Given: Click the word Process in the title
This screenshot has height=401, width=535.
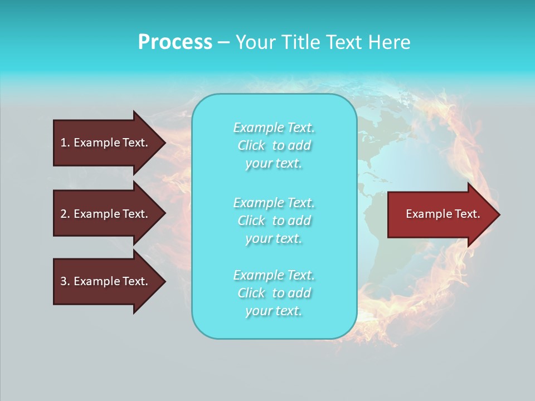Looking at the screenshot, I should point(175,42).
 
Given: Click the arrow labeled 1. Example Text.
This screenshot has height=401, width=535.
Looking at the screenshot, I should point(106,143).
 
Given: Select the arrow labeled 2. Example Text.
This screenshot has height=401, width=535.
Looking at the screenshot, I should point(106,214).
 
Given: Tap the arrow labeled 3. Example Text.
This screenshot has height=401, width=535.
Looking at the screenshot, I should point(106,281).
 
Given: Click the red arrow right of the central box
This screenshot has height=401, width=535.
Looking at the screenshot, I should point(440,214).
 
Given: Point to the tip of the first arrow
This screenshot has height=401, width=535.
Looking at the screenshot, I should point(164,143).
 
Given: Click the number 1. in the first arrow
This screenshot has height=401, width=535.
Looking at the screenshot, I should point(65,143).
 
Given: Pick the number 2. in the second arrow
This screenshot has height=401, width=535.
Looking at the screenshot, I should point(65,214).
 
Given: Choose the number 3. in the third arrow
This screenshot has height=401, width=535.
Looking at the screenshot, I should point(65,281).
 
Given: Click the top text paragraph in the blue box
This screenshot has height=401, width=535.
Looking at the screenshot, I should point(274,145).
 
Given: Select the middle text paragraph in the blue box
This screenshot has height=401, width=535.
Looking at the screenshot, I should point(274,221).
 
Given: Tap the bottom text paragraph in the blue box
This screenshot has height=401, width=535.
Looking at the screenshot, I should point(274,293).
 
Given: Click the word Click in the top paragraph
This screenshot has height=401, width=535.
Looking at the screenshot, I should point(251,145).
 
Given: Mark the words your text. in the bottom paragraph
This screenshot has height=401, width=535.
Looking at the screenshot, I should point(274,311).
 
